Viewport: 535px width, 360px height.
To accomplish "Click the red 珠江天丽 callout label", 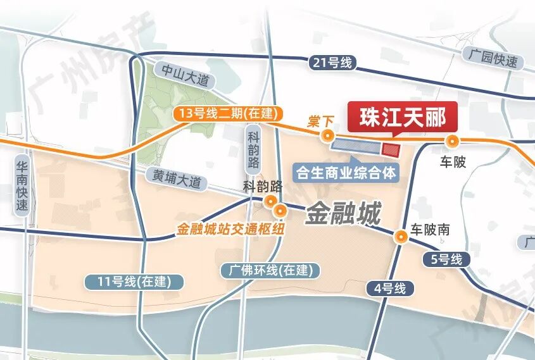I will (x=403, y=118).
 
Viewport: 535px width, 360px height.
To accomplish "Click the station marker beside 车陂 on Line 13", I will (x=452, y=141).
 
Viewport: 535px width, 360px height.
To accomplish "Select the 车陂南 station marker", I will (x=401, y=237).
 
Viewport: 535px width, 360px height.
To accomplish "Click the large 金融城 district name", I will (x=344, y=214).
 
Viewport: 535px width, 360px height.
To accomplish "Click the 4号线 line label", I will (x=390, y=289).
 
